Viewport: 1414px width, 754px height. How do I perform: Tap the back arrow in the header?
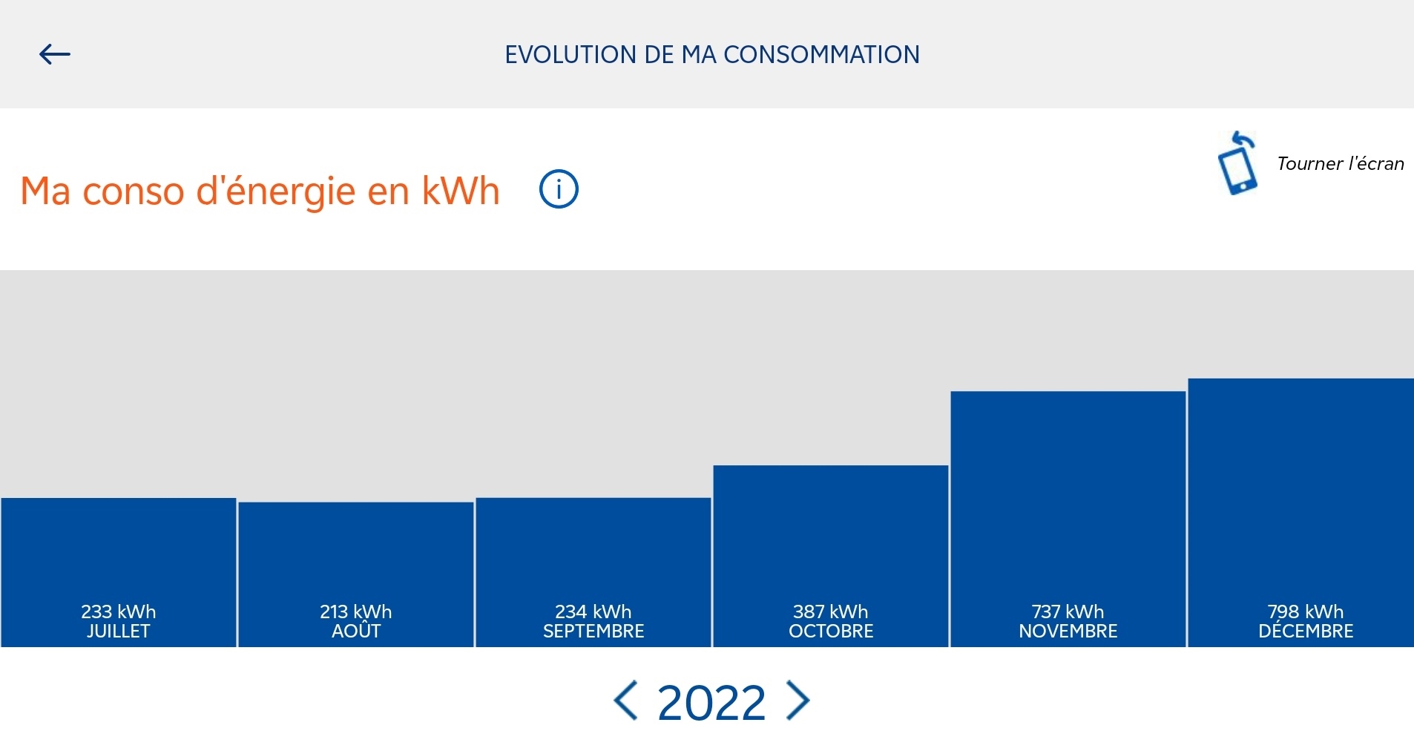(x=54, y=54)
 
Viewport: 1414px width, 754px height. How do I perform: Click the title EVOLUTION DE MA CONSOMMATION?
(x=712, y=55)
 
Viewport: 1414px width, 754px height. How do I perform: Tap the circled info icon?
(x=559, y=189)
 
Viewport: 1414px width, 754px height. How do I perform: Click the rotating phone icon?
(x=1237, y=163)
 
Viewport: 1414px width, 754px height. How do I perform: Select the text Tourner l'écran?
(x=1341, y=163)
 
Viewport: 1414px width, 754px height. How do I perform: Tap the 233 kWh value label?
(x=119, y=612)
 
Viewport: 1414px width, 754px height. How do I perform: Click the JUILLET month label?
(x=119, y=631)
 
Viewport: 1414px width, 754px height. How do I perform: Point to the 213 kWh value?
(x=356, y=612)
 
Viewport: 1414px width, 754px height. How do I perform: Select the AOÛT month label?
(x=356, y=629)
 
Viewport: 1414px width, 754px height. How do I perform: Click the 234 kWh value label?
(x=593, y=612)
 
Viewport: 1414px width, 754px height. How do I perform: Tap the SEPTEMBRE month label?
(x=593, y=631)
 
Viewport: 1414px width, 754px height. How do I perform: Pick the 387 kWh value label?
(x=831, y=612)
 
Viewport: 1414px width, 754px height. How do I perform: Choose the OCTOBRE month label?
(x=831, y=631)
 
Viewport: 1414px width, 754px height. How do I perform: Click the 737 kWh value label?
(x=1068, y=612)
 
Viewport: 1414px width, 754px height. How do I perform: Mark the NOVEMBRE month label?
(x=1068, y=631)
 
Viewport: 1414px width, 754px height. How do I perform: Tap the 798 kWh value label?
(x=1306, y=612)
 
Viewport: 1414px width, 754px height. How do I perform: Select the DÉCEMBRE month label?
(x=1306, y=630)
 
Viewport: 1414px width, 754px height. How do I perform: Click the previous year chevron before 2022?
(x=625, y=700)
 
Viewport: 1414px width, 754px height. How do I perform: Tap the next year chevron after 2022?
(x=798, y=700)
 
